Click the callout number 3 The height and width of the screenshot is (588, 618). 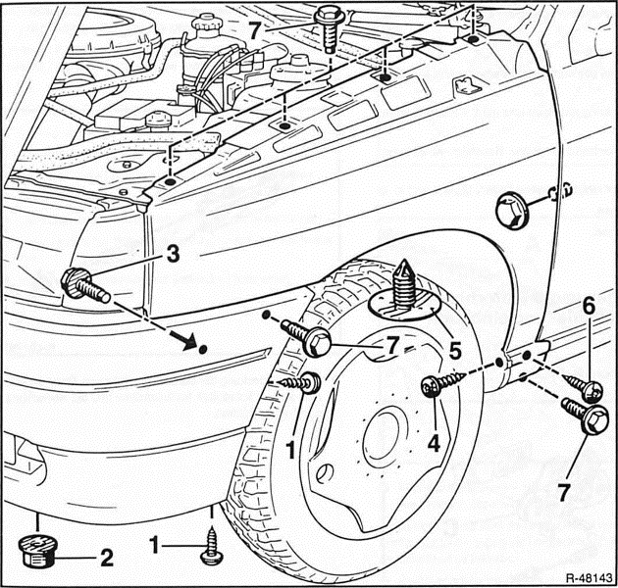(x=172, y=254)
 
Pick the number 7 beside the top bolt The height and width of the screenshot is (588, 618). (x=255, y=30)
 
